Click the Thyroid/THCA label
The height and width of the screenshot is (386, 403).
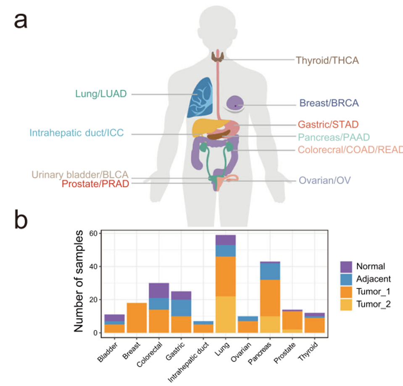pos(327,60)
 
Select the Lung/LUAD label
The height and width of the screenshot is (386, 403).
pos(101,94)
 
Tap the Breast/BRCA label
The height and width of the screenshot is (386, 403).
pos(329,103)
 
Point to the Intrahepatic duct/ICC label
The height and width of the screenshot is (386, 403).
pos(76,134)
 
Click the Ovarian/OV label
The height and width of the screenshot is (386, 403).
pos(324,181)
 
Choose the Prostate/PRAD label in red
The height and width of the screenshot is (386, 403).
pos(95,184)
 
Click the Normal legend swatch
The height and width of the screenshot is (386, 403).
pos(346,266)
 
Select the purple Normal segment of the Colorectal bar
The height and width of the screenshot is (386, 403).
pos(159,290)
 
